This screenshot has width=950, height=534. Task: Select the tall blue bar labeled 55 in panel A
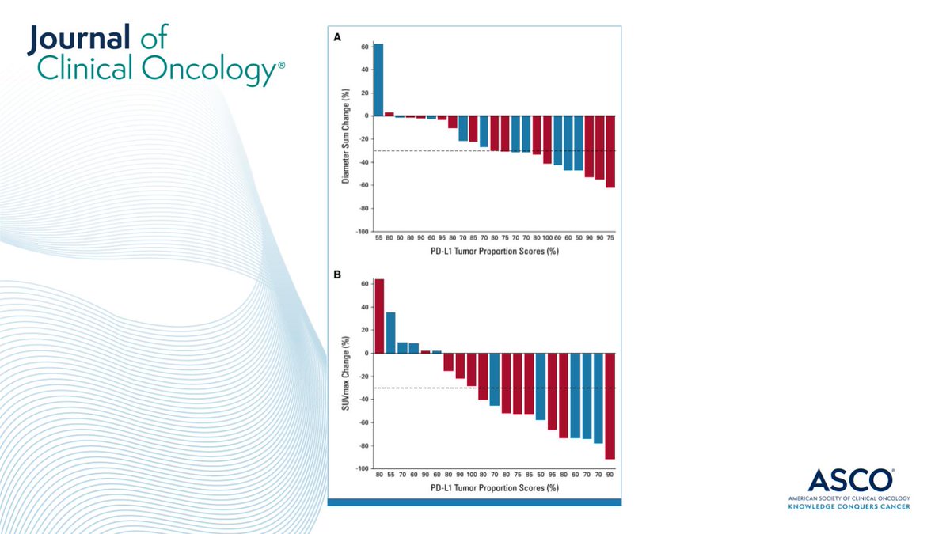pos(378,79)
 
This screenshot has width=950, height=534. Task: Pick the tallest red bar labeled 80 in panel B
pos(379,316)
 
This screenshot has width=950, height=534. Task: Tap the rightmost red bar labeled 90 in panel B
pos(610,406)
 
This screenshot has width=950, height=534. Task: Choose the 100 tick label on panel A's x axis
pos(547,238)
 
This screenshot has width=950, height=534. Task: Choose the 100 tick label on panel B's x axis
pos(472,475)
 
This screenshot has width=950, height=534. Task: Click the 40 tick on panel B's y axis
pos(365,307)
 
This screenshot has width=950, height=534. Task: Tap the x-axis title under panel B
pos(495,488)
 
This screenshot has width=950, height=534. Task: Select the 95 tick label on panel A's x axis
pos(442,238)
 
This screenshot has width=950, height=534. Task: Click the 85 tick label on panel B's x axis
pos(529,475)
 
